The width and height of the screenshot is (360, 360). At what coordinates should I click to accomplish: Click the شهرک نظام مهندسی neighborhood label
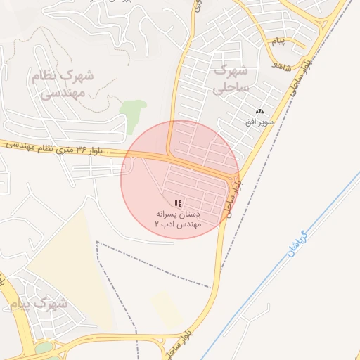pyautogui.click(x=62, y=83)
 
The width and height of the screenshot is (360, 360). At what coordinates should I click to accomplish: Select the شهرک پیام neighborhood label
pyautogui.click(x=39, y=304)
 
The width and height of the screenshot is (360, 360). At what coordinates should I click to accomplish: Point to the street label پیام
pyautogui.click(x=279, y=41)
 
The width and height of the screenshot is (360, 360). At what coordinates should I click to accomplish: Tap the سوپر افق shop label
pyautogui.click(x=258, y=122)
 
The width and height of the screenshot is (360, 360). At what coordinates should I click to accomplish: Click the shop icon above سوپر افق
pyautogui.click(x=259, y=111)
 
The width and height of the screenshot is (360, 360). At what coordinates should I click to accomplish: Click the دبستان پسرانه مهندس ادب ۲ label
pyautogui.click(x=178, y=217)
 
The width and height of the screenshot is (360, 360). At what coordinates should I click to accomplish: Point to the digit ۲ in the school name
pyautogui.click(x=157, y=223)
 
